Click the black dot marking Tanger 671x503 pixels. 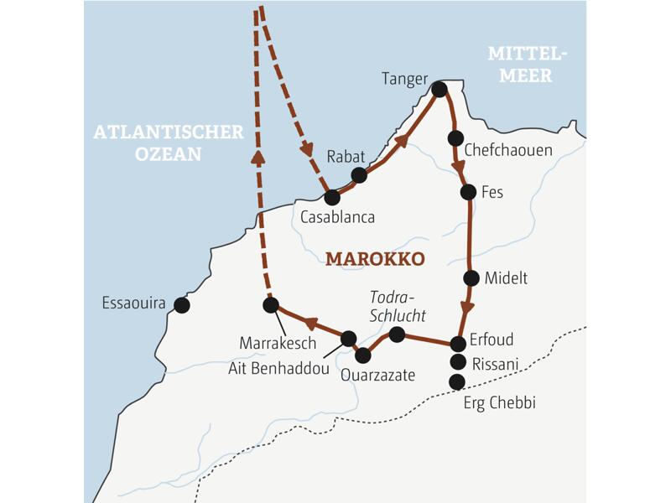pyautogui.click(x=439, y=87)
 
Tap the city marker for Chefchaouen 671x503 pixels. pyautogui.click(x=455, y=137)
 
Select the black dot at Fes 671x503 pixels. pyautogui.click(x=468, y=192)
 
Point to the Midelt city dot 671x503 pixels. pyautogui.click(x=471, y=278)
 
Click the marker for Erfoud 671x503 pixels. pyautogui.click(x=457, y=343)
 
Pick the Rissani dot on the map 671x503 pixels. pyautogui.click(x=457, y=362)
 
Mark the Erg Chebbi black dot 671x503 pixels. pyautogui.click(x=457, y=382)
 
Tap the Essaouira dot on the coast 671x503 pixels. pyautogui.click(x=181, y=305)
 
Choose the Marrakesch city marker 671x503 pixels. pyautogui.click(x=270, y=305)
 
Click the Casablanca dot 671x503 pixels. pyautogui.click(x=331, y=198)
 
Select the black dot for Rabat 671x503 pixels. pyautogui.click(x=359, y=174)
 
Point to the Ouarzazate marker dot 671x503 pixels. pyautogui.click(x=362, y=355)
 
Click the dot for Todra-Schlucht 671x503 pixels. pyautogui.click(x=398, y=334)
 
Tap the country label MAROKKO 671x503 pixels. pyautogui.click(x=375, y=258)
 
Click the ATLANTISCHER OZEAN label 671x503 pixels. pyautogui.click(x=169, y=143)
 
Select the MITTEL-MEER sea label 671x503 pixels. pyautogui.click(x=528, y=65)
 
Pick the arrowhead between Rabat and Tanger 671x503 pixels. pyautogui.click(x=403, y=139)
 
